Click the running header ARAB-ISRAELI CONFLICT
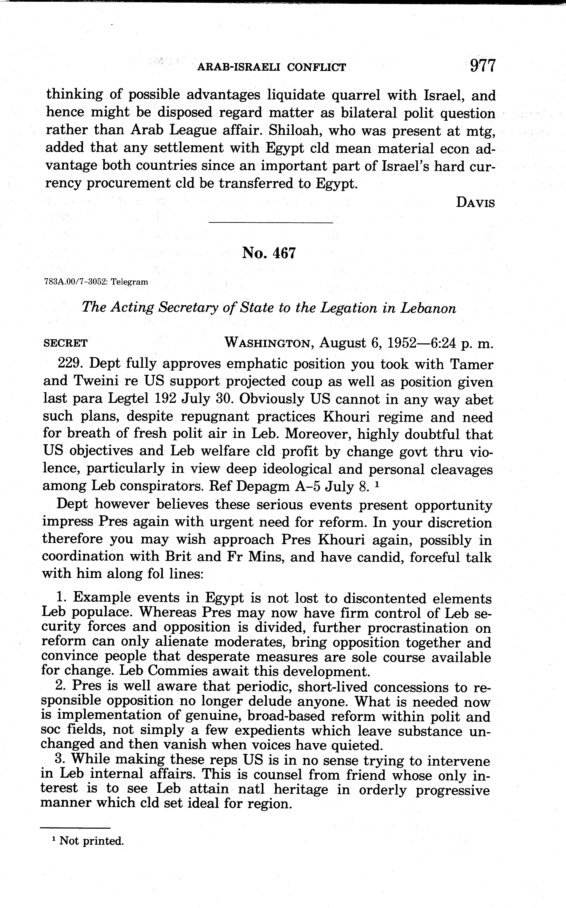click(271, 67)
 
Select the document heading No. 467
click(269, 253)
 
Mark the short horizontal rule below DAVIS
click(271, 223)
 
